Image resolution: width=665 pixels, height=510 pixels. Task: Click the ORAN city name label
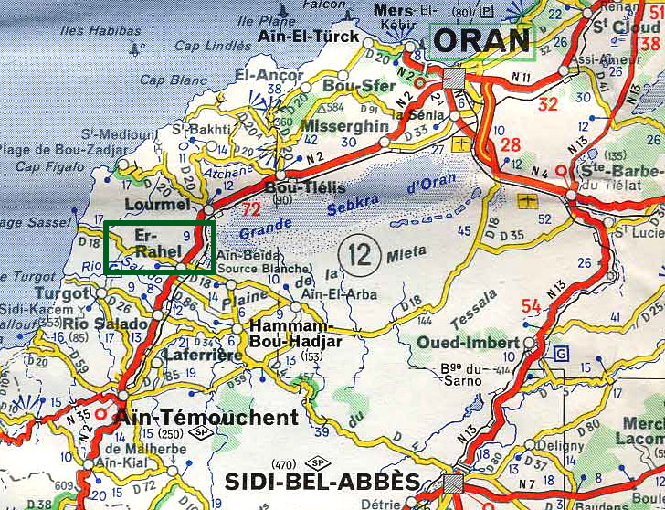(481, 40)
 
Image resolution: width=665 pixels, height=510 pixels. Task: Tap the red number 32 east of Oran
(547, 104)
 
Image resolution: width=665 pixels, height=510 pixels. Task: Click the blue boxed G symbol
(561, 353)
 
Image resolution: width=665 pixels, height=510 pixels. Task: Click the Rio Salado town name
(106, 324)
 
